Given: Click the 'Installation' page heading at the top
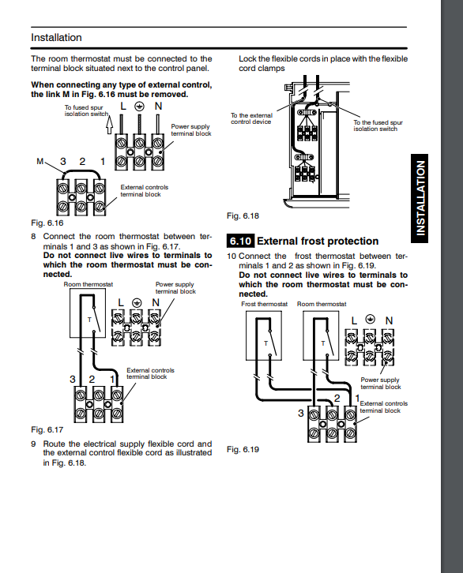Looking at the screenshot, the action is tap(56, 38).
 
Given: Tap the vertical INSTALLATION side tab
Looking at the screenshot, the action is tap(420, 198).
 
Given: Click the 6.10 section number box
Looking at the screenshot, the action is tap(240, 242).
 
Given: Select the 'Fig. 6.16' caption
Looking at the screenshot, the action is tap(47, 223).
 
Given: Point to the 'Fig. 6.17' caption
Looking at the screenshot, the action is tap(47, 429).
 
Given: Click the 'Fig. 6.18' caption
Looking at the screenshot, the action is tap(243, 216).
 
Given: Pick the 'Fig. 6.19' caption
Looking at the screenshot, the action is tap(243, 450).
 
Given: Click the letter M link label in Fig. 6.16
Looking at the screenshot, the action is tap(40, 161).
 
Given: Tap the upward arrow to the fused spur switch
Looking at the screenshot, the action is tap(109, 125).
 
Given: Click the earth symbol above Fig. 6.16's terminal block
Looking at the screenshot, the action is tap(139, 107).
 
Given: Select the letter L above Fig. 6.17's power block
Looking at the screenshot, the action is tap(121, 303).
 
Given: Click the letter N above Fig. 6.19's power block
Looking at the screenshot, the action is tap(389, 321).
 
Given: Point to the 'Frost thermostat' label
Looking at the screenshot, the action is tap(265, 304).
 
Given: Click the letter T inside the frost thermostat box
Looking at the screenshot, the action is tap(266, 343).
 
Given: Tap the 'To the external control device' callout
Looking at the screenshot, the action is tap(251, 118).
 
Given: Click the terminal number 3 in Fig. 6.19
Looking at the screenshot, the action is tap(300, 414).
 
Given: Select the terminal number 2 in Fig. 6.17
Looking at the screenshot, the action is tap(92, 380).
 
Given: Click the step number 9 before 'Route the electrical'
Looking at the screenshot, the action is tap(34, 444).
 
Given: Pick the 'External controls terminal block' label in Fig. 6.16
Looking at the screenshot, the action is tap(145, 191).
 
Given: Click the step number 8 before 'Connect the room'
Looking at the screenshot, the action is tap(34, 237).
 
